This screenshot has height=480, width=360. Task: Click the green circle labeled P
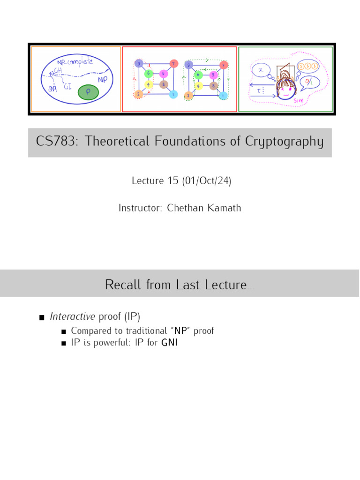click(x=88, y=92)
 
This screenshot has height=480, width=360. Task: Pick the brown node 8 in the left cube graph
click(x=163, y=85)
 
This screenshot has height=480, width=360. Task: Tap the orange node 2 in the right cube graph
click(x=188, y=96)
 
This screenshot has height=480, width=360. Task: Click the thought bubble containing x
click(x=261, y=70)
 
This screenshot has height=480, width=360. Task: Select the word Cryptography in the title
click(x=285, y=142)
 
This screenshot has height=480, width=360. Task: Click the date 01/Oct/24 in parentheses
click(x=206, y=181)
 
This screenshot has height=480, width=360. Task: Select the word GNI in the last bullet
click(x=170, y=343)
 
